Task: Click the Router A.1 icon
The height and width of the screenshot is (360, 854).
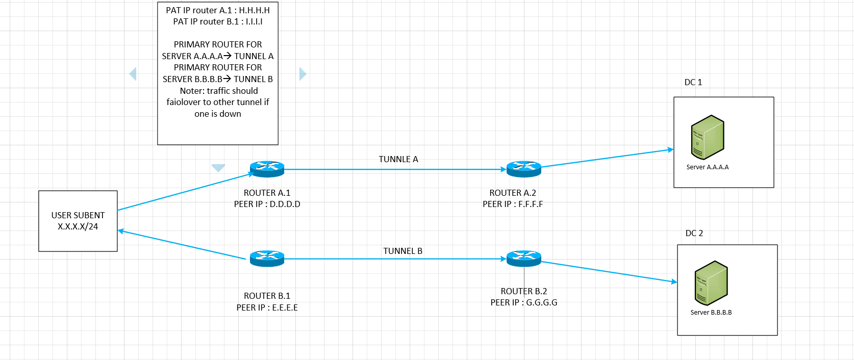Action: coord(267,169)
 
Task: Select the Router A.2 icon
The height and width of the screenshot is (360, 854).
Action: coord(523,169)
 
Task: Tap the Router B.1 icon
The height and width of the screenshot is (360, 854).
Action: coord(267,259)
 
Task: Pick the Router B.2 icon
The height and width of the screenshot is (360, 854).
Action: coord(523,259)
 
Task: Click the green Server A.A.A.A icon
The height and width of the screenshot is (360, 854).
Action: coord(707,137)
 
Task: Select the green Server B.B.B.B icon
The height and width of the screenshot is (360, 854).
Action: coord(711,283)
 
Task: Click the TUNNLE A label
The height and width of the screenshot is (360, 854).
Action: coord(398,159)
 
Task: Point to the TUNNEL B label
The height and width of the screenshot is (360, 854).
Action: coord(403,251)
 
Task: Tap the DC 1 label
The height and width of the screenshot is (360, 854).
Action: coord(693,82)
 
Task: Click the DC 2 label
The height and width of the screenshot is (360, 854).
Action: coord(694,233)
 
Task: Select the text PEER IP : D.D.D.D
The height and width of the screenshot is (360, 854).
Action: coord(267,204)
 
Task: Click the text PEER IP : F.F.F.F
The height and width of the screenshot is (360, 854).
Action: coord(513,204)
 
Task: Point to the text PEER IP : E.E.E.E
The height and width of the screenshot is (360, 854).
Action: coord(267,307)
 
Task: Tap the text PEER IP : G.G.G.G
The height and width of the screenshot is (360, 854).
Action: coord(524,302)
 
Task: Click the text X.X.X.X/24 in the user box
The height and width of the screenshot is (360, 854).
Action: coord(78,226)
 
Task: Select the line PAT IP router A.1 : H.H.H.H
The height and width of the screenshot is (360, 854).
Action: coord(218,10)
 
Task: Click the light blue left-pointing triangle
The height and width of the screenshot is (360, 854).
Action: coord(133,74)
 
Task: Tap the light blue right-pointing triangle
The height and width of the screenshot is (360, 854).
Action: coord(302,74)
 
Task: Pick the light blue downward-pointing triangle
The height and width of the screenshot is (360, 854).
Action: coord(218,168)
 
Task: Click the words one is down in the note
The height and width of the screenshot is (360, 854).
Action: coord(218,114)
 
